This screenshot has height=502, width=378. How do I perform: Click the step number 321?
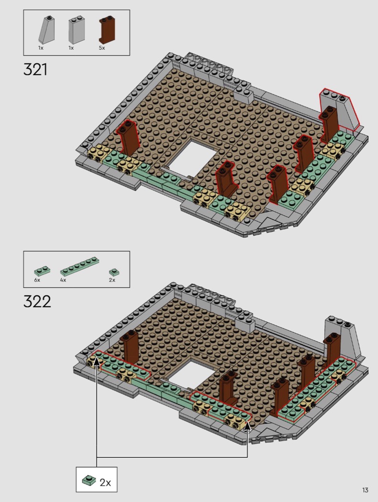click(35, 69)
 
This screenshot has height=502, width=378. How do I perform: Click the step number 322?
click(37, 302)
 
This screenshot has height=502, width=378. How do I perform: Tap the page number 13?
click(365, 490)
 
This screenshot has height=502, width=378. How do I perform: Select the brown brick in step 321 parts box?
click(107, 29)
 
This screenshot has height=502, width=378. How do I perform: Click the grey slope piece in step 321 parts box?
click(47, 30)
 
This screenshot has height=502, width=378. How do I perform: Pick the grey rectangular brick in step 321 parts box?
click(77, 30)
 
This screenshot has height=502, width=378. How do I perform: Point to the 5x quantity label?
click(102, 48)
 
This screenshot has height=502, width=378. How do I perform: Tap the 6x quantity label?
click(37, 280)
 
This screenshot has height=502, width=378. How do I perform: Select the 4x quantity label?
click(63, 280)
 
